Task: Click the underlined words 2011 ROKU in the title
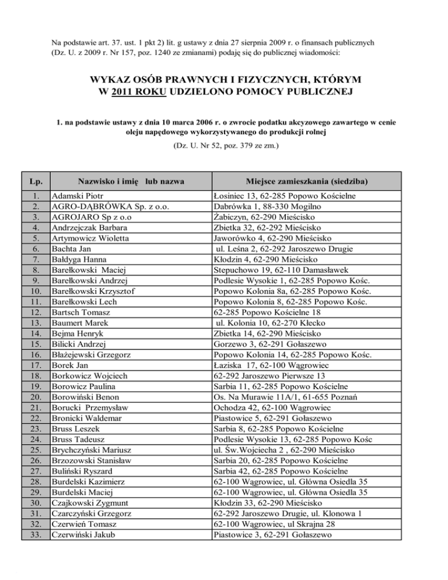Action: tap(135, 92)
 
